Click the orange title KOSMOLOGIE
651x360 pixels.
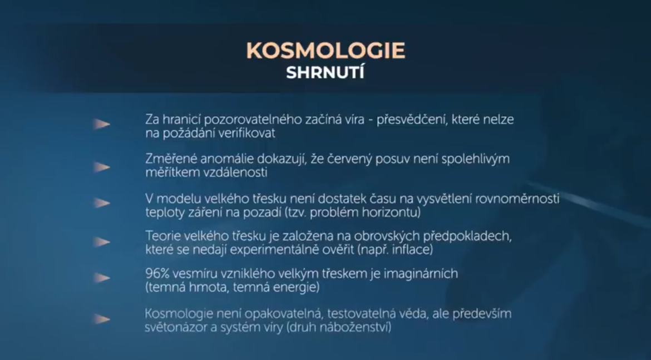[x=325, y=50]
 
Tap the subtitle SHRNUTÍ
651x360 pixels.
[x=325, y=73]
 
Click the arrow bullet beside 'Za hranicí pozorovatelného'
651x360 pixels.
[x=101, y=124]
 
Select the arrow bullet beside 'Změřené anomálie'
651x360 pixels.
[x=101, y=167]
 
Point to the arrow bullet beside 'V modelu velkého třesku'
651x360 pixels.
[x=101, y=203]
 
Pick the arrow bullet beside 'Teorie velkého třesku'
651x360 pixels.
[x=101, y=241]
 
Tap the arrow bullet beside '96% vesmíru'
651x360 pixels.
[x=101, y=278]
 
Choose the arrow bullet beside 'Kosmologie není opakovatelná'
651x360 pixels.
[x=101, y=319]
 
